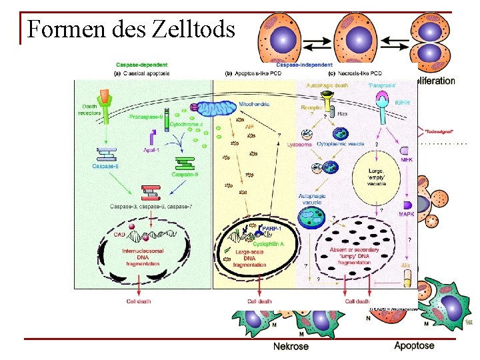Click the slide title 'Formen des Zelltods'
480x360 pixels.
[131, 30]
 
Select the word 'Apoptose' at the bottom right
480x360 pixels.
[414, 345]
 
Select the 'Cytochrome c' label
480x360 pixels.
[186, 124]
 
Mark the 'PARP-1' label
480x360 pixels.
[271, 229]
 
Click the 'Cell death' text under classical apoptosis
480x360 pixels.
[139, 301]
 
